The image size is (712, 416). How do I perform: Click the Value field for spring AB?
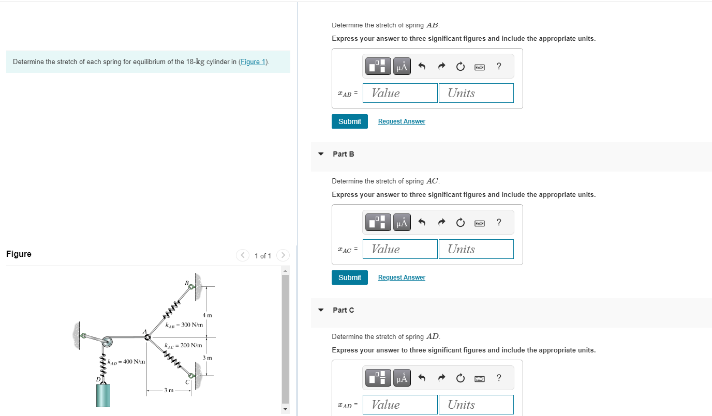pyautogui.click(x=400, y=93)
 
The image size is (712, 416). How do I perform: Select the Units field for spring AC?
pyautogui.click(x=476, y=249)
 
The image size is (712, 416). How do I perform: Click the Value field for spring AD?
pyautogui.click(x=400, y=405)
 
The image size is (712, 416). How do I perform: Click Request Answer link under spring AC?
pyautogui.click(x=402, y=278)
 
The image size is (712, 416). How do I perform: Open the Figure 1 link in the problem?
pyautogui.click(x=253, y=62)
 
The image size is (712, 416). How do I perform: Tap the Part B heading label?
pyautogui.click(x=344, y=154)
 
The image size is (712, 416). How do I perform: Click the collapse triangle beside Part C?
pyautogui.click(x=321, y=310)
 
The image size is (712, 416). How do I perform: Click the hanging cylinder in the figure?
pyautogui.click(x=103, y=395)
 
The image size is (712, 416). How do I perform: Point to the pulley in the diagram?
pyautogui.click(x=107, y=342)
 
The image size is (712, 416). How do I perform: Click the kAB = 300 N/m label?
pyautogui.click(x=184, y=325)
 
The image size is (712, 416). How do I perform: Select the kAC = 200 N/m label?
pyautogui.click(x=183, y=345)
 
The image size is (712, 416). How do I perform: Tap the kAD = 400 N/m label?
pyautogui.click(x=126, y=362)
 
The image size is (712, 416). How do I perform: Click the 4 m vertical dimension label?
pyautogui.click(x=207, y=315)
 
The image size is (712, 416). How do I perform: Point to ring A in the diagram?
pyautogui.click(x=148, y=337)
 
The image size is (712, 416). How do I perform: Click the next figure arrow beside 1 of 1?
pyautogui.click(x=283, y=255)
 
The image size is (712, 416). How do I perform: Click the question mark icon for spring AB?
pyautogui.click(x=498, y=66)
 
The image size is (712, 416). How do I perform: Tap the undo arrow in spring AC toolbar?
pyautogui.click(x=422, y=222)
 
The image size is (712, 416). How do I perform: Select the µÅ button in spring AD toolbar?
pyautogui.click(x=402, y=378)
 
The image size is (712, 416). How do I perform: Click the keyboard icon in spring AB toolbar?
pyautogui.click(x=479, y=66)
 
